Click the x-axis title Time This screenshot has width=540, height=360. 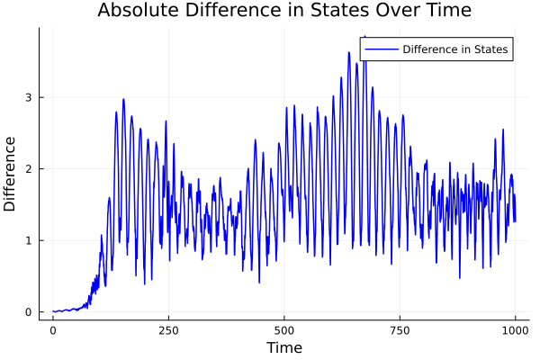pyautogui.click(x=284, y=347)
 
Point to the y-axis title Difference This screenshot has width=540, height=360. pyautogui.click(x=11, y=174)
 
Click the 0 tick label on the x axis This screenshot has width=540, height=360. pyautogui.click(x=53, y=331)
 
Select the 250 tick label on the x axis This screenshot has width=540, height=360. pyautogui.click(x=168, y=331)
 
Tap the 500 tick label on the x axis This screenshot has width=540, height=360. pyautogui.click(x=284, y=331)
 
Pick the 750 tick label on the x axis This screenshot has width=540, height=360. pyautogui.click(x=400, y=331)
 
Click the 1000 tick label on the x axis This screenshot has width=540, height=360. pyautogui.click(x=516, y=331)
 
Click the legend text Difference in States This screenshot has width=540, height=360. pyautogui.click(x=456, y=49)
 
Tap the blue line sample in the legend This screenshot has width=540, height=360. pyautogui.click(x=380, y=49)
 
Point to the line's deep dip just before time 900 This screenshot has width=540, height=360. pyautogui.click(x=459, y=277)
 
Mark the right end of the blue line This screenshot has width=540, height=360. pyautogui.click(x=515, y=220)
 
